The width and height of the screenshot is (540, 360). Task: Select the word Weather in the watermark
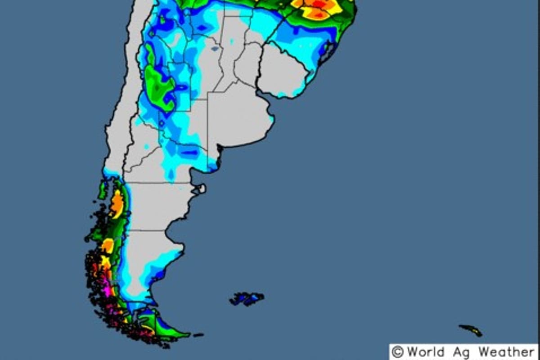pyautogui.click(x=506, y=351)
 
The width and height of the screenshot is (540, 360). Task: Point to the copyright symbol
pyautogui.click(x=397, y=352)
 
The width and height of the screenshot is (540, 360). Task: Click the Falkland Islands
pyautogui.click(x=247, y=298)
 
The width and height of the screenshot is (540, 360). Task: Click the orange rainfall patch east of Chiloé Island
pyautogui.click(x=117, y=203)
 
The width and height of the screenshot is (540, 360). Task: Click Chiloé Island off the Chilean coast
pyautogui.click(x=103, y=190)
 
